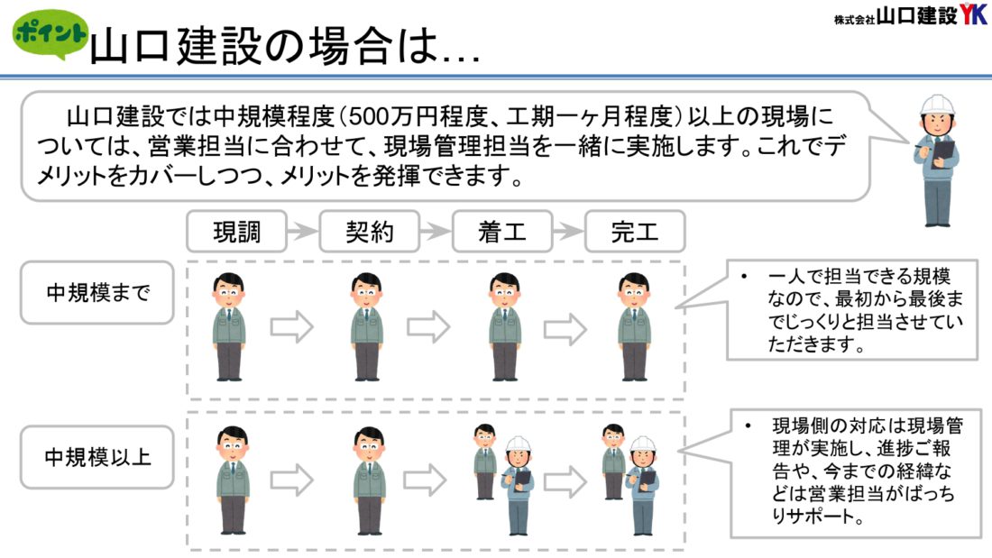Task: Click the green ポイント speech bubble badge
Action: coord(49,35)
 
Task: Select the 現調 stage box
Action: coord(236,233)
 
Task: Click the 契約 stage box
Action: coord(370,233)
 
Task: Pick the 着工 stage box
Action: coord(501,233)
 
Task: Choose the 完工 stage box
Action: coord(634,233)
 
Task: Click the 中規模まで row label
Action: coord(96,293)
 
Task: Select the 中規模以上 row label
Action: coord(96,457)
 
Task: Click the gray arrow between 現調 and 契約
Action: coord(303,233)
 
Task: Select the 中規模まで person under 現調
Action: coord(229,326)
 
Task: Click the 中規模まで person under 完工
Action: coord(634,326)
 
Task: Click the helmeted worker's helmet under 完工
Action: coord(643,444)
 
